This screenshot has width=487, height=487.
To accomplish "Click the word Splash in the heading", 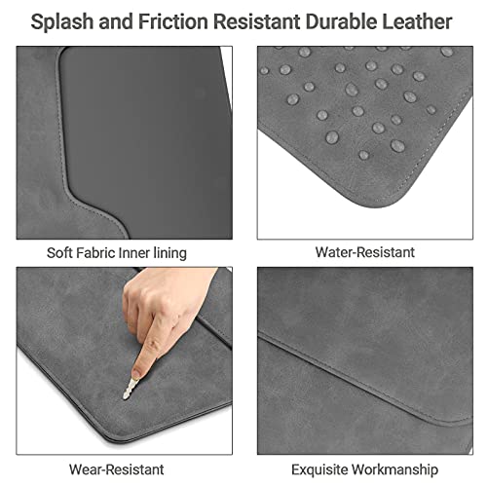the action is [62, 22].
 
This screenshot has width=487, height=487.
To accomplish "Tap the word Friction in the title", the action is [173, 21].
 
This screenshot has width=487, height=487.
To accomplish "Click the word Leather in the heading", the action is [417, 21].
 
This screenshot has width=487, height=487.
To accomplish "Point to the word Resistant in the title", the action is [256, 21].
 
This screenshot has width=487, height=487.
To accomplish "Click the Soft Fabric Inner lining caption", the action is [117, 253].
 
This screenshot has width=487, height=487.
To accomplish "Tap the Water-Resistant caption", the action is [365, 252].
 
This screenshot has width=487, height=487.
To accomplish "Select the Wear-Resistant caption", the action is [117, 469].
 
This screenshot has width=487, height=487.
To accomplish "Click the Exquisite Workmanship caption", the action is [364, 469].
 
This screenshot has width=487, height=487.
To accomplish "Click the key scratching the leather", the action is [130, 389].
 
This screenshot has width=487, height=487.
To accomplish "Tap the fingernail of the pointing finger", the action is [136, 373].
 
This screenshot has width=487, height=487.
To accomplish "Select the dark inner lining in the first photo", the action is [146, 130].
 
